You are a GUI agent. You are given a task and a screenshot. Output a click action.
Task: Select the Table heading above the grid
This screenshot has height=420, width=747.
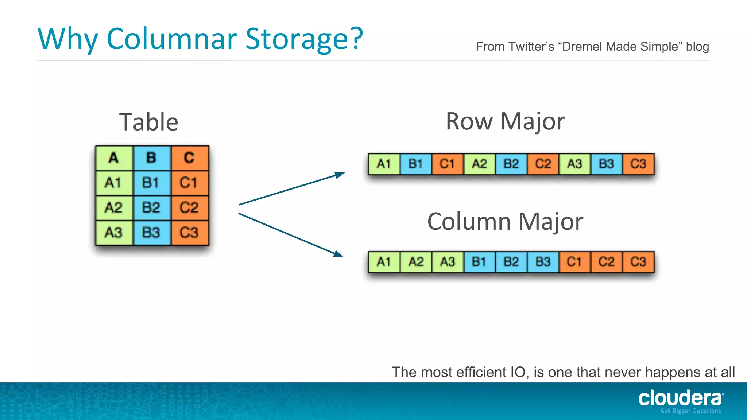[149, 122]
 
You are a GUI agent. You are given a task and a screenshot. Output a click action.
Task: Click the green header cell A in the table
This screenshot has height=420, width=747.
[114, 158]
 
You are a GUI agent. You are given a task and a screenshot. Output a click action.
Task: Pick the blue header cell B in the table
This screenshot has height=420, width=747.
[151, 158]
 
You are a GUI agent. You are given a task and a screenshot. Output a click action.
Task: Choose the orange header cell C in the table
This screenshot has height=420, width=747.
[189, 158]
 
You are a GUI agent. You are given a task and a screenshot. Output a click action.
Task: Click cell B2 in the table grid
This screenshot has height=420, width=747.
[151, 208]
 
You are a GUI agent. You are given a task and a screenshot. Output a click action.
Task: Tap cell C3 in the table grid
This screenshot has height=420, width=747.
[189, 233]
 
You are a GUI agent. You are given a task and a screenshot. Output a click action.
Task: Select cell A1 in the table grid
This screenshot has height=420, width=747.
[113, 183]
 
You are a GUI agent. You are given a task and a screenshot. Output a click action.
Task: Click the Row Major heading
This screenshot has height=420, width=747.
[505, 121]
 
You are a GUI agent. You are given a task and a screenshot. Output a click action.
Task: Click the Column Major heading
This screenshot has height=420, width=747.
[505, 222]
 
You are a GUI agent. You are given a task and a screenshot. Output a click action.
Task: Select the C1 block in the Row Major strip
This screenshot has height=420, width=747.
[447, 164]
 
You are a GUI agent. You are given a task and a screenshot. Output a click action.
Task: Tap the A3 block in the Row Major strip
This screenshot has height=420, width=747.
[574, 164]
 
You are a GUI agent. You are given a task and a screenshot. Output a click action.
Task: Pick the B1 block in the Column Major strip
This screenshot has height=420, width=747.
[479, 262]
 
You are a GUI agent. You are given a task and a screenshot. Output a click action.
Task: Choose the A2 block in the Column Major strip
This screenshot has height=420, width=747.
[416, 262]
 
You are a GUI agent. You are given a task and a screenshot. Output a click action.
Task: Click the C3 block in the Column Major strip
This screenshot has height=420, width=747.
[638, 262]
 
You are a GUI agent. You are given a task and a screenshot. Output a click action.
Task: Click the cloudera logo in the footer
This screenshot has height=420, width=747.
[680, 398]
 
